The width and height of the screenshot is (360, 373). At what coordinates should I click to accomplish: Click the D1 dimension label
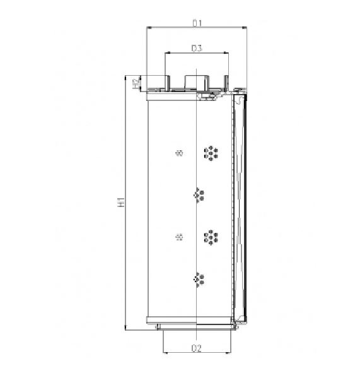(197, 23)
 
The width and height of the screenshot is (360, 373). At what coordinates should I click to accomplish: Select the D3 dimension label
(196, 48)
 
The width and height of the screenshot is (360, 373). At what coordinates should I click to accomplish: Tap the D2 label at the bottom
(196, 348)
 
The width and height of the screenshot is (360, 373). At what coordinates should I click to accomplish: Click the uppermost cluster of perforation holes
(211, 152)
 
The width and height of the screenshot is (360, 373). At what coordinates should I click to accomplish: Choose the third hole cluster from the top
(211, 237)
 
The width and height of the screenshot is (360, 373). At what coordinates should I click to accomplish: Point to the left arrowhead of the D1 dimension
(148, 28)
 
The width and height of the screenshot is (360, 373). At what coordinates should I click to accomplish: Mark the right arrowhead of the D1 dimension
(245, 28)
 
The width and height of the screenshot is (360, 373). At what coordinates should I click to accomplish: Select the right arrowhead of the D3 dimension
(226, 53)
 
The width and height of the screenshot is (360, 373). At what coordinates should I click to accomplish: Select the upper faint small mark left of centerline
(180, 152)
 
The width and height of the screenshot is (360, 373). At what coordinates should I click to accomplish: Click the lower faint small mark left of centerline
(180, 237)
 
